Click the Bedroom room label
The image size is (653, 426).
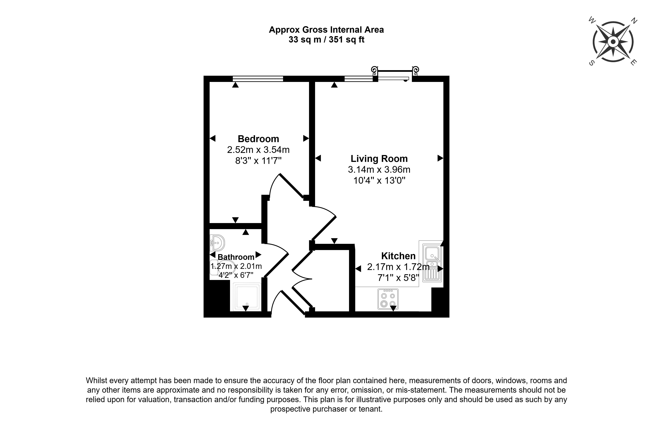258,139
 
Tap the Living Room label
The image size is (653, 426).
379,159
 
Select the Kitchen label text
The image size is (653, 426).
398,256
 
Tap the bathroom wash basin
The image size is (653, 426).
217,243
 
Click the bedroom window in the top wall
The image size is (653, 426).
258,79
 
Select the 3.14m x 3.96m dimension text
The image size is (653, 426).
379,170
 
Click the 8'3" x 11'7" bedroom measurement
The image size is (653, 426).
258,160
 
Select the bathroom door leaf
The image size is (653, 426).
276,265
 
